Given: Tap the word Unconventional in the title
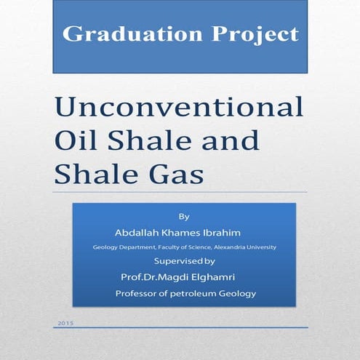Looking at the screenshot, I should point(179,108).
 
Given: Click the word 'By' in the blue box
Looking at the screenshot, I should point(183,217).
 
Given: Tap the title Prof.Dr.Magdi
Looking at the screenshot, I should point(151,277).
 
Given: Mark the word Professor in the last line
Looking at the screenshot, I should point(137,294).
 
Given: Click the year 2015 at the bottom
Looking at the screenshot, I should point(65,321).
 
